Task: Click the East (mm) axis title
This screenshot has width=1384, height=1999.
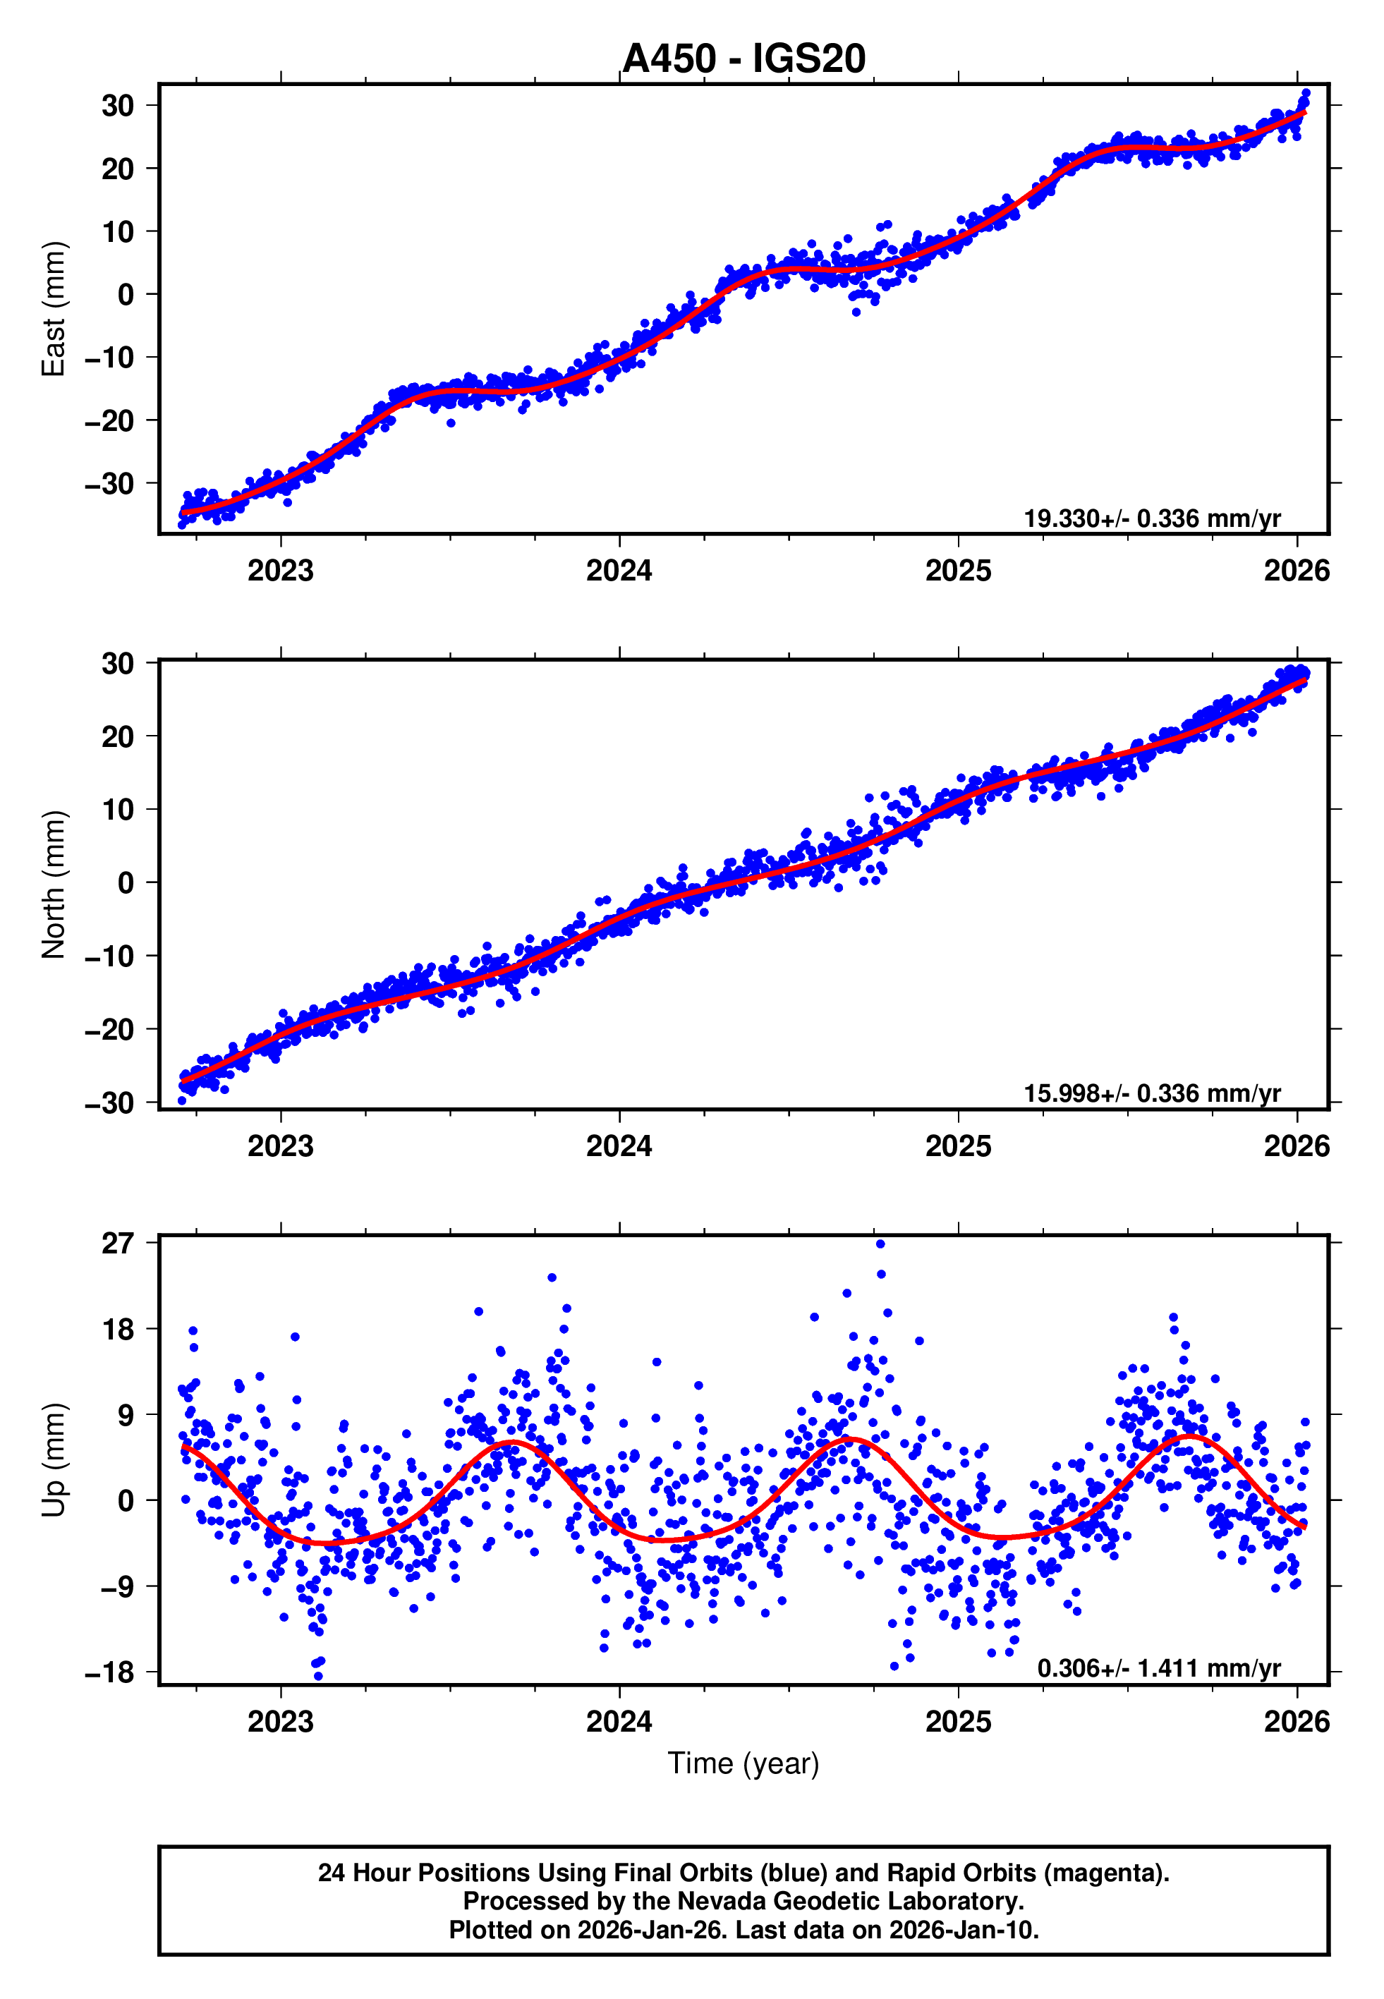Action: tap(54, 309)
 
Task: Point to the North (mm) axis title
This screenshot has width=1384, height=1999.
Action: tap(54, 885)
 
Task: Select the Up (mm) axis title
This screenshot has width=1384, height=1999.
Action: tap(54, 1460)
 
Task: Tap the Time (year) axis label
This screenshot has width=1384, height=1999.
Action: tap(743, 1764)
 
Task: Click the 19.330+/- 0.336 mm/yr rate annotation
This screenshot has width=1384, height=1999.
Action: tap(1152, 518)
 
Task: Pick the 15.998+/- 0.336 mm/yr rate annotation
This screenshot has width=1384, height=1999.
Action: tap(1152, 1093)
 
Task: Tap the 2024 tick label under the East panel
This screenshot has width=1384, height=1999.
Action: tap(619, 571)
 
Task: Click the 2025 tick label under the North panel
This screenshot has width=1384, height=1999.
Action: tap(958, 1146)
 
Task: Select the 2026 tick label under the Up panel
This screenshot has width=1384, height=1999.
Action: tap(1297, 1722)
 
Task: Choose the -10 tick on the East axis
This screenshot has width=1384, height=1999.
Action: tap(109, 357)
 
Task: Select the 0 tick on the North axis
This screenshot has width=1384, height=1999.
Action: tap(126, 883)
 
